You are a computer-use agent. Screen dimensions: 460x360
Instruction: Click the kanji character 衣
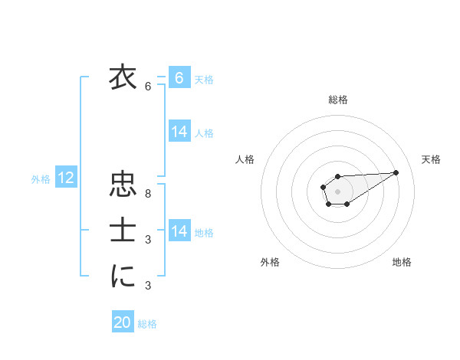(x=122, y=79)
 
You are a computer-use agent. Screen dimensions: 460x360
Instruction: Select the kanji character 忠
(x=122, y=186)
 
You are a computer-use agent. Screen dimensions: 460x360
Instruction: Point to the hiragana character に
(x=122, y=277)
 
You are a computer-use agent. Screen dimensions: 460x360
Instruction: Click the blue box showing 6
(x=179, y=77)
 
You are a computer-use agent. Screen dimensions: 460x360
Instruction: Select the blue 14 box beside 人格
(x=179, y=131)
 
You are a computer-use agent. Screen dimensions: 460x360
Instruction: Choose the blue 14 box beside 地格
(x=179, y=231)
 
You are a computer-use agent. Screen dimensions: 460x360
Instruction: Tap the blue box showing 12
(x=66, y=178)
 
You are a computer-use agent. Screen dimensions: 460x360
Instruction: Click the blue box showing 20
(x=123, y=322)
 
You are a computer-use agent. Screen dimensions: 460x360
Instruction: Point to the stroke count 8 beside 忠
(x=148, y=194)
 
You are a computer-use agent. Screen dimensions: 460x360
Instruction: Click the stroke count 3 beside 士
(x=148, y=240)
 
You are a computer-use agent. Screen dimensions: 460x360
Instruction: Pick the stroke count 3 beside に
(x=148, y=286)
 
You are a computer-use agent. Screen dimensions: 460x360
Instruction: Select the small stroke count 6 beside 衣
(x=148, y=87)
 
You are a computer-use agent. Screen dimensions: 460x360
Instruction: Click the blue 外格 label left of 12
(x=41, y=179)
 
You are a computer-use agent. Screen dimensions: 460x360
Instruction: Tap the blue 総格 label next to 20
(x=147, y=324)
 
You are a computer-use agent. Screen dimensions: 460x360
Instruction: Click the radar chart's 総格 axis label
(x=338, y=100)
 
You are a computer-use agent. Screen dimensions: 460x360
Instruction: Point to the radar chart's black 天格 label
(x=431, y=159)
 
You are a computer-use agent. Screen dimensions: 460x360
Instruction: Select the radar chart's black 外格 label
(x=270, y=262)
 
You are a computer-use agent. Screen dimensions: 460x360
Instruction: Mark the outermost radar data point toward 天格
(x=396, y=172)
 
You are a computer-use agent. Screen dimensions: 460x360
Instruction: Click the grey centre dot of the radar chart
(x=338, y=191)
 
